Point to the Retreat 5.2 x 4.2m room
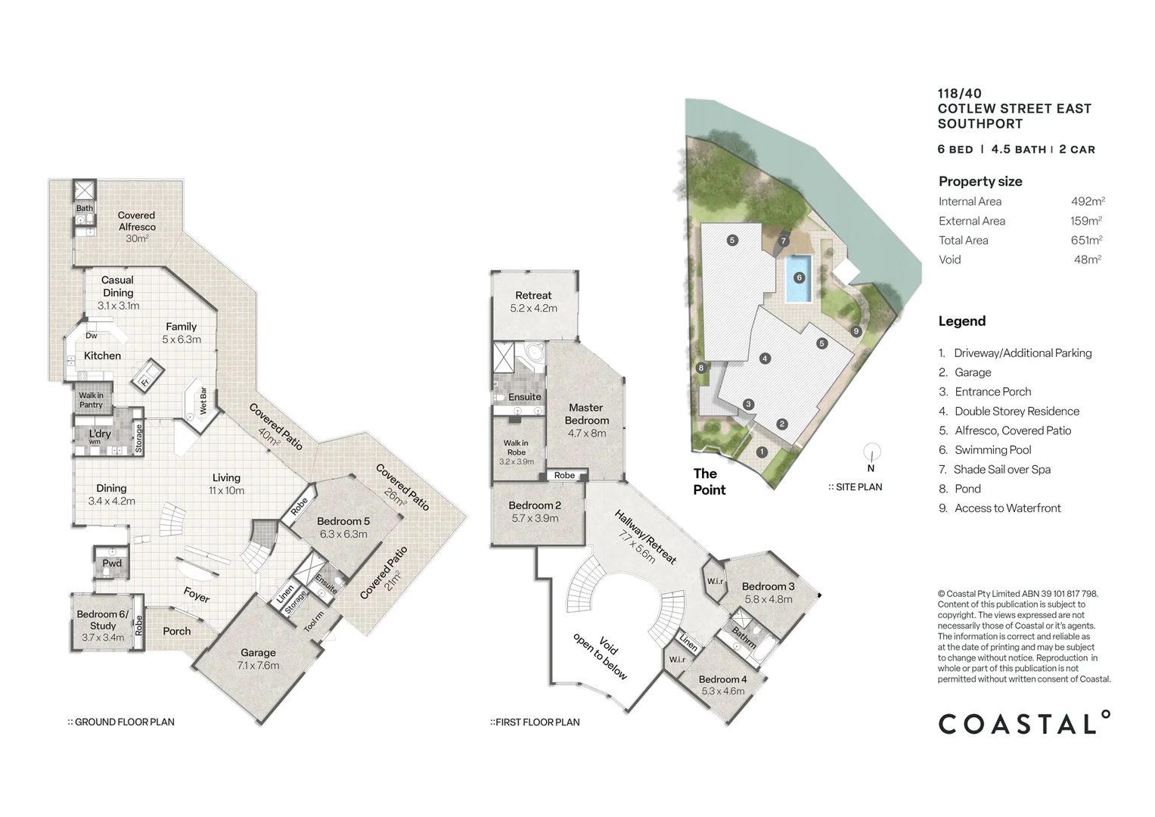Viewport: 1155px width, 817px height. (533, 301)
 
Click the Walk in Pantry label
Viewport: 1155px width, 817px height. (91, 400)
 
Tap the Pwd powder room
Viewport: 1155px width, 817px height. (112, 563)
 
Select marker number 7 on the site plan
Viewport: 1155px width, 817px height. (784, 241)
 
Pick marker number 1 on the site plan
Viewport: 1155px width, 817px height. (762, 452)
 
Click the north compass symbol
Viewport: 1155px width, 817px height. (871, 455)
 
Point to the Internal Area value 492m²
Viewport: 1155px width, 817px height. (1088, 201)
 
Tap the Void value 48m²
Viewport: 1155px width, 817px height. (1088, 259)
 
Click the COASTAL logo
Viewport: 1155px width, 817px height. (1024, 723)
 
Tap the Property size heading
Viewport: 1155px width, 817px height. (980, 182)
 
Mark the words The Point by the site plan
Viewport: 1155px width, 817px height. (709, 482)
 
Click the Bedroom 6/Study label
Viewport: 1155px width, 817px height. (103, 620)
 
